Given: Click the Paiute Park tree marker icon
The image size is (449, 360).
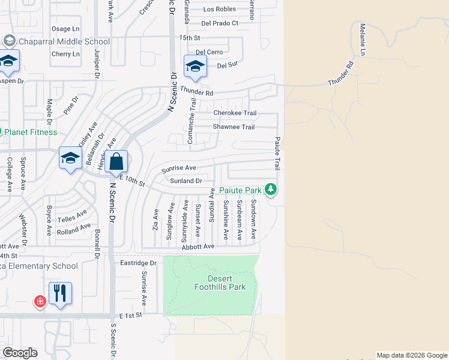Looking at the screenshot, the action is point(271,190).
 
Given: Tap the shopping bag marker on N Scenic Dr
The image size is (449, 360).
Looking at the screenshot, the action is point(117,161).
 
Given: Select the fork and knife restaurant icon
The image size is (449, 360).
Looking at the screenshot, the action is point(60,293).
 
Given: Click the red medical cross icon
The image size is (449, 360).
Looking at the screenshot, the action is point(40,301).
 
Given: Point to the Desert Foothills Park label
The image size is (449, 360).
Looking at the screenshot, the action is point(220,283).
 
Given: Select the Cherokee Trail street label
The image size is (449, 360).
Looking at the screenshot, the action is point(235,113).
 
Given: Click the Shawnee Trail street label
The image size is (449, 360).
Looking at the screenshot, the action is point(234,127).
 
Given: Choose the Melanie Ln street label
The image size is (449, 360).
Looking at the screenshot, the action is point(363,37).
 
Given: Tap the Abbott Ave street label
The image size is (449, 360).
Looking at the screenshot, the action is point(197,246).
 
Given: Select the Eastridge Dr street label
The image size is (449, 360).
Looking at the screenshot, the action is point(138,263).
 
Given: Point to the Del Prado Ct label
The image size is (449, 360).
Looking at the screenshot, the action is point(220,23).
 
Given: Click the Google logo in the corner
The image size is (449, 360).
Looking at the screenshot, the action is point(20,353).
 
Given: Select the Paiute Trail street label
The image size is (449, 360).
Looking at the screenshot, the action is point(277,152).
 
